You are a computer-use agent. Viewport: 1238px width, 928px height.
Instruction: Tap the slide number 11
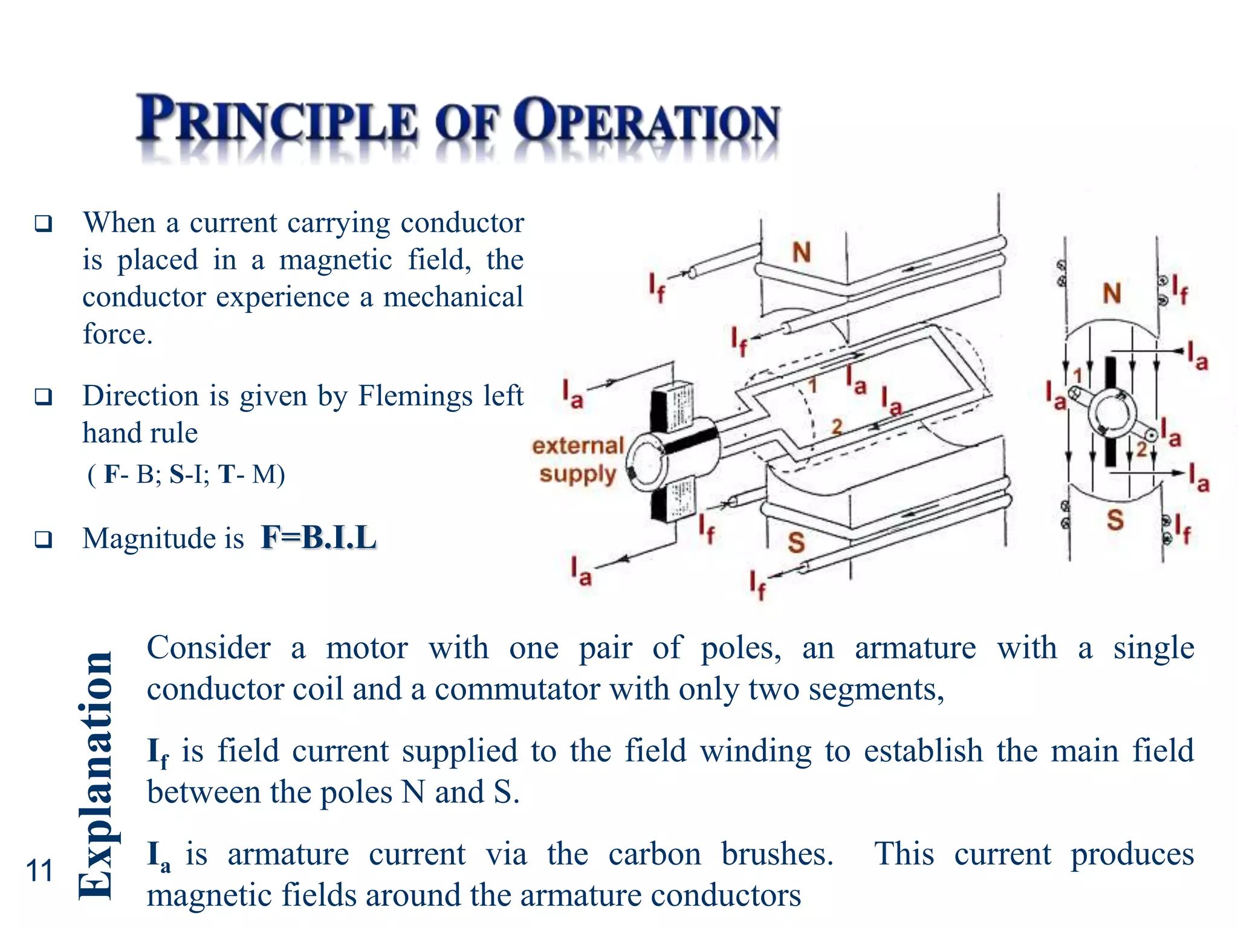click(x=40, y=871)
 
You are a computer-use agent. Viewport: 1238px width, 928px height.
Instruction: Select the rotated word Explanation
click(x=97, y=776)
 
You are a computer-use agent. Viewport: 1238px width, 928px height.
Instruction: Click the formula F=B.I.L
click(x=319, y=537)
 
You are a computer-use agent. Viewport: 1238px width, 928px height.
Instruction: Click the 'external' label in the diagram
click(x=577, y=446)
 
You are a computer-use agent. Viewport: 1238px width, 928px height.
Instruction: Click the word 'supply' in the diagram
click(x=577, y=474)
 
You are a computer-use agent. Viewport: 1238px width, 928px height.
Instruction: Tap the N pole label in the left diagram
click(x=802, y=253)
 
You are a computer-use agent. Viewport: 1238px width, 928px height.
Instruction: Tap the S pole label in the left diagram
click(x=796, y=543)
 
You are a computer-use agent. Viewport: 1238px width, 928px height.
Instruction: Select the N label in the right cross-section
click(x=1112, y=294)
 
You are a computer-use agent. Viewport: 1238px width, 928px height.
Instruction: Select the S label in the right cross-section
click(x=1115, y=520)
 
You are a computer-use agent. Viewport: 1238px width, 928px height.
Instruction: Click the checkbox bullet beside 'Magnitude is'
click(x=44, y=539)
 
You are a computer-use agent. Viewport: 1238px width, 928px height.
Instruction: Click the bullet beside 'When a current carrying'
click(x=44, y=224)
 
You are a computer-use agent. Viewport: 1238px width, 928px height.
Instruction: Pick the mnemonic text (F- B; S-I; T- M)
click(x=186, y=474)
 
